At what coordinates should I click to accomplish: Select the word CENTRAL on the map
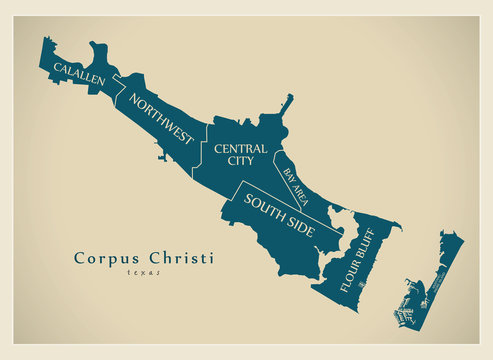pos(240,149)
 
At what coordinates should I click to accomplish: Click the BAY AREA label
pos(295,187)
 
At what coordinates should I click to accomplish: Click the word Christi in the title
pos(182,257)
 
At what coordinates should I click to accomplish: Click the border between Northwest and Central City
pos(206,150)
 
